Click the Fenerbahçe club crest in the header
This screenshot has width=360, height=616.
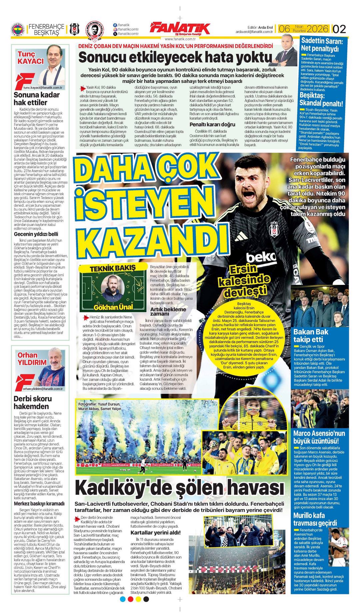coord(18,31)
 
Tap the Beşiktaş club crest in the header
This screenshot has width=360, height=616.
coord(74,30)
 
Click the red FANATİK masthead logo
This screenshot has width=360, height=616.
coord(180,29)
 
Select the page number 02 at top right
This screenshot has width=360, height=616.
coord(339,29)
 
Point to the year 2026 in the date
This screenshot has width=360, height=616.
coord(318,29)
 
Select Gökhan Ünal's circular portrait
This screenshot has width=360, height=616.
coord(113,289)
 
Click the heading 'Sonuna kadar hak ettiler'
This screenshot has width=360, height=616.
coord(37,98)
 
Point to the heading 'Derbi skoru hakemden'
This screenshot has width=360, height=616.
coord(33,402)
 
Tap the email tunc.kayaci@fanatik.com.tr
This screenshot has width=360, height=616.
coord(43,87)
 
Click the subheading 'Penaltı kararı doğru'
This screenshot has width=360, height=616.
coord(212,125)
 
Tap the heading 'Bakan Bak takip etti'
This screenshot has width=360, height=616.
coord(311,335)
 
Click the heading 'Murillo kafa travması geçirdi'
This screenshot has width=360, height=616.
coord(315,519)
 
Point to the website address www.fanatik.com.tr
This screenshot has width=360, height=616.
coord(180,39)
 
